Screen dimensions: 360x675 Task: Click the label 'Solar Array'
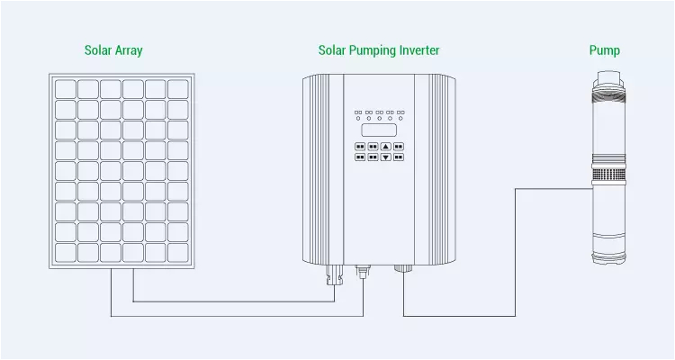pyautogui.click(x=113, y=50)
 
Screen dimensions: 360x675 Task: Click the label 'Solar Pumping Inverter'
pyautogui.click(x=379, y=50)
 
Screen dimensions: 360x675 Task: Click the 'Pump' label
pyautogui.click(x=604, y=50)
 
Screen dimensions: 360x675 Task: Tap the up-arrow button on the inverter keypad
pyautogui.click(x=385, y=146)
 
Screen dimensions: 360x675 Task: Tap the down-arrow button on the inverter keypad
pyautogui.click(x=385, y=157)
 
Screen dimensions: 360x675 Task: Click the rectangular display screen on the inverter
pyautogui.click(x=379, y=130)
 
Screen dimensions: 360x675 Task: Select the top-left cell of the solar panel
pyautogui.click(x=65, y=88)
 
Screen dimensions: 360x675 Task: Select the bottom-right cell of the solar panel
pyautogui.click(x=177, y=253)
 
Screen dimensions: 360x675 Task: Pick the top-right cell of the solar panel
pyautogui.click(x=177, y=88)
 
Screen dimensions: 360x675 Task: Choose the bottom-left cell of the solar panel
pyautogui.click(x=65, y=253)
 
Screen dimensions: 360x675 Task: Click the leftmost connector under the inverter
pyautogui.click(x=333, y=274)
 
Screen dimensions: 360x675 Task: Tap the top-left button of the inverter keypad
pyautogui.click(x=360, y=146)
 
